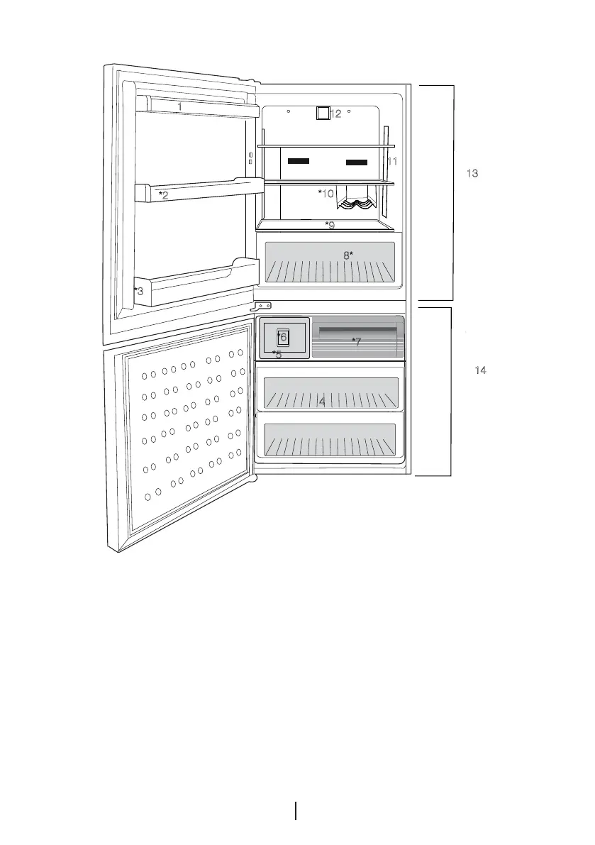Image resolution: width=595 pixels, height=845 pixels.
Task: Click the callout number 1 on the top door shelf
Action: [x=179, y=106]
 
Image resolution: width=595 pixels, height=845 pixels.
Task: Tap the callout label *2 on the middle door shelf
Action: [x=163, y=195]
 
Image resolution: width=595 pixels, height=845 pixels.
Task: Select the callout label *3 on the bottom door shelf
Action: [x=139, y=290]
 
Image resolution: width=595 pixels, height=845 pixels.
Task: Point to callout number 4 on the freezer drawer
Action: [x=321, y=402]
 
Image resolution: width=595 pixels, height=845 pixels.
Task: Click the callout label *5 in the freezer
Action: [x=277, y=354]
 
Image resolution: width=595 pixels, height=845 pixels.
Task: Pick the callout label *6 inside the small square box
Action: [x=282, y=337]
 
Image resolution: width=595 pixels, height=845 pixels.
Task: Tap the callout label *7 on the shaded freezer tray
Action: [x=357, y=342]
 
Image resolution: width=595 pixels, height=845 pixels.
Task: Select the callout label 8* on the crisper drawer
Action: [x=348, y=255]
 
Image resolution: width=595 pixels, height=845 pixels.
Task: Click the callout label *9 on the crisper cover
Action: [x=330, y=226]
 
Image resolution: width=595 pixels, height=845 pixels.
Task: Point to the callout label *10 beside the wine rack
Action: [x=326, y=193]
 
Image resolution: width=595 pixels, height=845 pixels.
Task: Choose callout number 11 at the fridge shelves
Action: [x=392, y=161]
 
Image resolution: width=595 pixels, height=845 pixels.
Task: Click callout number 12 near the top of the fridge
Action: [x=336, y=114]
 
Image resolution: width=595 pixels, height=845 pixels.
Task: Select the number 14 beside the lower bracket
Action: [x=480, y=371]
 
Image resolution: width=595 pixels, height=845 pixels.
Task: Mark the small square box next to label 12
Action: [x=323, y=114]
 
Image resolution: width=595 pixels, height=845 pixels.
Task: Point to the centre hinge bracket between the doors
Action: [x=265, y=306]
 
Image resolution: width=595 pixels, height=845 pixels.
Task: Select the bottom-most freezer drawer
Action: [x=329, y=441]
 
